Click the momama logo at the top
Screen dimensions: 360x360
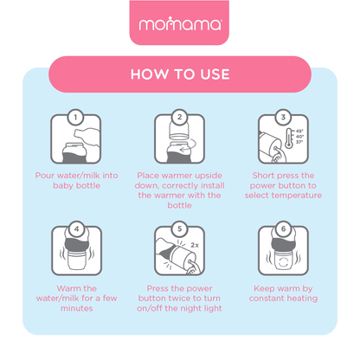click(x=180, y=24)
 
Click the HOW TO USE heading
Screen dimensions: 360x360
click(x=180, y=74)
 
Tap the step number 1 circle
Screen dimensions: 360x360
click(x=75, y=117)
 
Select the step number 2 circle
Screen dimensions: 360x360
click(x=179, y=117)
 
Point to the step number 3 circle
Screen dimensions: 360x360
click(x=283, y=117)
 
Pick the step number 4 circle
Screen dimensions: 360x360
click(x=76, y=229)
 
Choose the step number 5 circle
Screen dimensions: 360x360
click(x=179, y=229)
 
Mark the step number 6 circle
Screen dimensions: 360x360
click(x=283, y=229)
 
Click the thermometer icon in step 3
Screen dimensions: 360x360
click(x=289, y=138)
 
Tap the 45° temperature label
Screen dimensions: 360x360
click(x=299, y=131)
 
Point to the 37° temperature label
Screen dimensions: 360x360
click(x=299, y=142)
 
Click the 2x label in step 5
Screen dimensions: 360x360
click(x=195, y=245)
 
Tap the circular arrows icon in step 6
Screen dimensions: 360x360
click(x=284, y=262)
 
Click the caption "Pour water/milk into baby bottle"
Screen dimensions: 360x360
click(x=77, y=181)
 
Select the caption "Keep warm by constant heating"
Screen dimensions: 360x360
click(x=283, y=293)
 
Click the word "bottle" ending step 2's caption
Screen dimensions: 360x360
click(x=179, y=205)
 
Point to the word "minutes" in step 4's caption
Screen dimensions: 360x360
click(x=77, y=308)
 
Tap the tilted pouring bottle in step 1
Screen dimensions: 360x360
click(x=87, y=138)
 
